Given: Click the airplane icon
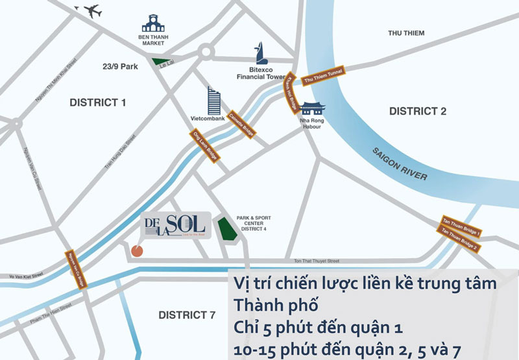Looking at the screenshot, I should (90, 11).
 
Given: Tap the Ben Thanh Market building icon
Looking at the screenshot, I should (154, 25).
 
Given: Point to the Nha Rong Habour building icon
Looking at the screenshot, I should (313, 108).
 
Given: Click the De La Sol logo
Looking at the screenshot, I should (175, 225).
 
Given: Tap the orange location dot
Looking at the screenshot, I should (137, 250).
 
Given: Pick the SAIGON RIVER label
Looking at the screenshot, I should (399, 165).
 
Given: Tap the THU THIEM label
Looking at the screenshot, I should (405, 33).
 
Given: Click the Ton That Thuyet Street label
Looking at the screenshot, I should (317, 260).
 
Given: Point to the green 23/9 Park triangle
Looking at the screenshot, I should (158, 62).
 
